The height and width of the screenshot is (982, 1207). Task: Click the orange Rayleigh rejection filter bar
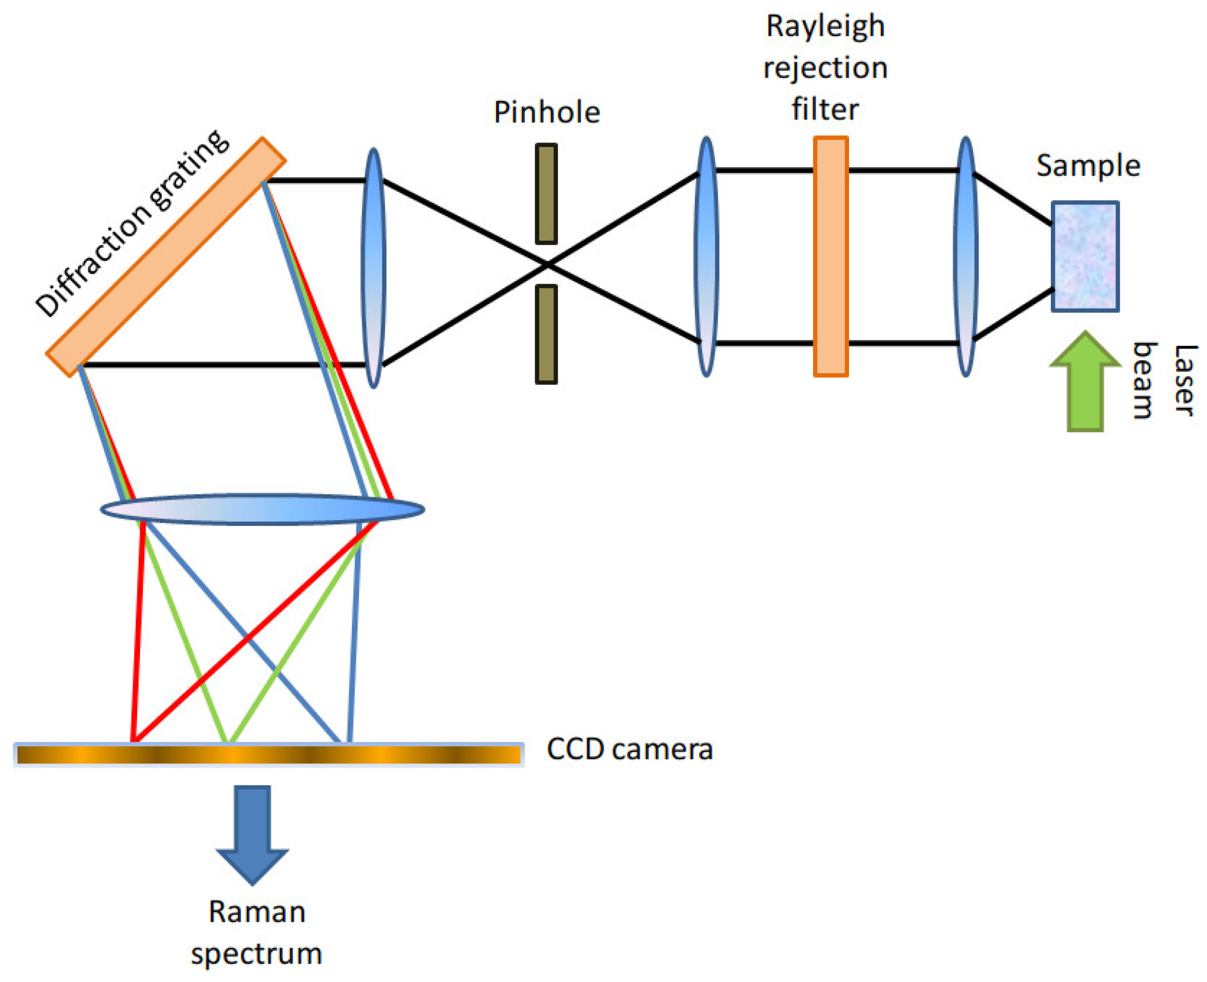(x=830, y=256)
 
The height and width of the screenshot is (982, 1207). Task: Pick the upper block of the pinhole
(x=546, y=194)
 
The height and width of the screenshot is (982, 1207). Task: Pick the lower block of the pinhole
(x=546, y=334)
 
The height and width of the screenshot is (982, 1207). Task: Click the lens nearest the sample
(x=965, y=256)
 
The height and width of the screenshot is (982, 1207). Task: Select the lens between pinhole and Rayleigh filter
(x=705, y=256)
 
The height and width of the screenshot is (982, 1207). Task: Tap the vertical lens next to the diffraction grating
(x=374, y=267)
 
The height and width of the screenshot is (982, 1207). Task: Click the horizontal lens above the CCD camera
(x=262, y=509)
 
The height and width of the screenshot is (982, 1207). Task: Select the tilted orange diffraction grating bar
(x=165, y=256)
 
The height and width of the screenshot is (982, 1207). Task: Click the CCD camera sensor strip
(x=268, y=755)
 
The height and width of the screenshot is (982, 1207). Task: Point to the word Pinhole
(x=546, y=112)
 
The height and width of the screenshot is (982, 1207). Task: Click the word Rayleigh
(x=825, y=26)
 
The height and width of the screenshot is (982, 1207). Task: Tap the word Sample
(x=1088, y=166)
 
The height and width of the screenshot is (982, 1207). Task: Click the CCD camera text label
(x=629, y=750)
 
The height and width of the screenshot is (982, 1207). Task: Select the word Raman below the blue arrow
(x=257, y=912)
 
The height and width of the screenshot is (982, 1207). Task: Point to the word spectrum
(x=257, y=954)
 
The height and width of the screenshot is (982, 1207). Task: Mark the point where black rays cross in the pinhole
(x=547, y=263)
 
